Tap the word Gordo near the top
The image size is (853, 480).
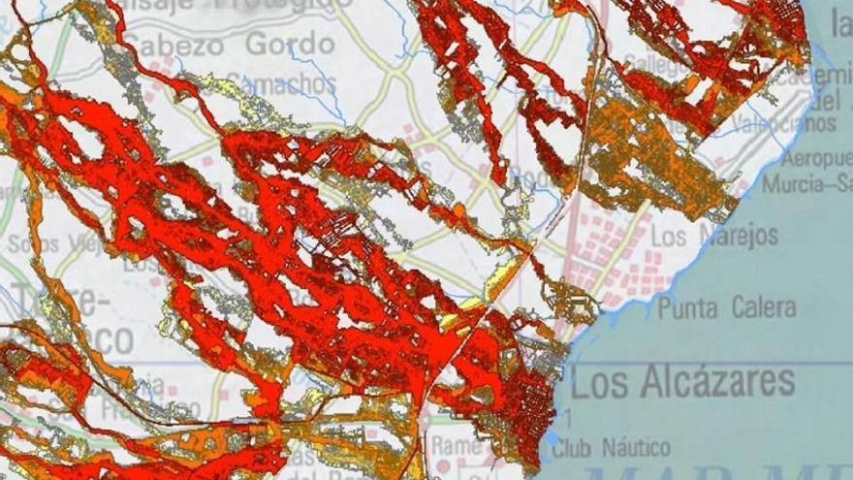pyautogui.click(x=289, y=45)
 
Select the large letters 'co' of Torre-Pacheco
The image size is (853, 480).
pyautogui.click(x=107, y=338)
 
